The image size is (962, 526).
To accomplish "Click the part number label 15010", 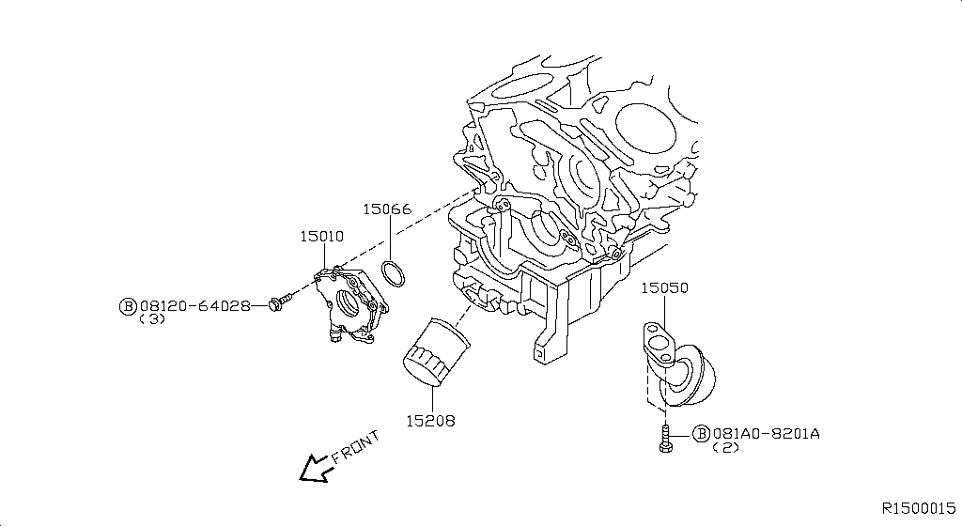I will tap(321, 238).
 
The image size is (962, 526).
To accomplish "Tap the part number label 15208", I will tap(430, 421).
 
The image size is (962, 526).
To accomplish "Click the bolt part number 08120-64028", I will tap(194, 305).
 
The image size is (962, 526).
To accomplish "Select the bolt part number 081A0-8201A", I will tap(767, 433).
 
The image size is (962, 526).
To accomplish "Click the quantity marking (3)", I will tap(152, 319).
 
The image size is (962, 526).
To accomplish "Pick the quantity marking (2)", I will tap(727, 448).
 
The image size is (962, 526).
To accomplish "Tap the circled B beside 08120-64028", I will tap(128, 305).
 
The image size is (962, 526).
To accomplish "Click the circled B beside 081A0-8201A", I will tap(701, 433).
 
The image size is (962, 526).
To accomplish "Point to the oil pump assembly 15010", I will tap(350, 305).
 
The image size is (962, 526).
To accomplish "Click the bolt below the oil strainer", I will tap(665, 438).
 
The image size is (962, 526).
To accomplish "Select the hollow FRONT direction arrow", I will tap(315, 467).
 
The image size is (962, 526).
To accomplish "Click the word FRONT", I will tap(357, 447).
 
